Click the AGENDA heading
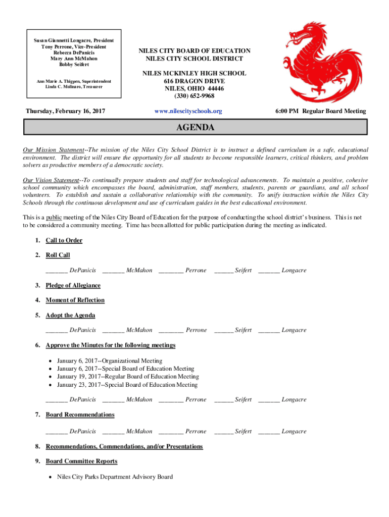click(194, 128)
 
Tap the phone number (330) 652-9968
click(194, 96)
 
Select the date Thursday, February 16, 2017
click(66, 111)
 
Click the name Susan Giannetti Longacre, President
click(73, 40)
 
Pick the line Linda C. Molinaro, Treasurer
click(73, 87)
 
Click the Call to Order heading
click(64, 240)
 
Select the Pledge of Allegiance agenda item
click(73, 285)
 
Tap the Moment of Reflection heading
click(75, 300)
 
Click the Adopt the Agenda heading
click(70, 315)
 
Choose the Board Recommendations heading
click(80, 415)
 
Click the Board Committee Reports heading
click(81, 461)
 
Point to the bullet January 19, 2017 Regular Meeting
click(128, 377)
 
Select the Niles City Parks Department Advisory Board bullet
click(115, 477)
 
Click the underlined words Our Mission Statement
click(53, 150)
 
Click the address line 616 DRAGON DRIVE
click(194, 81)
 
